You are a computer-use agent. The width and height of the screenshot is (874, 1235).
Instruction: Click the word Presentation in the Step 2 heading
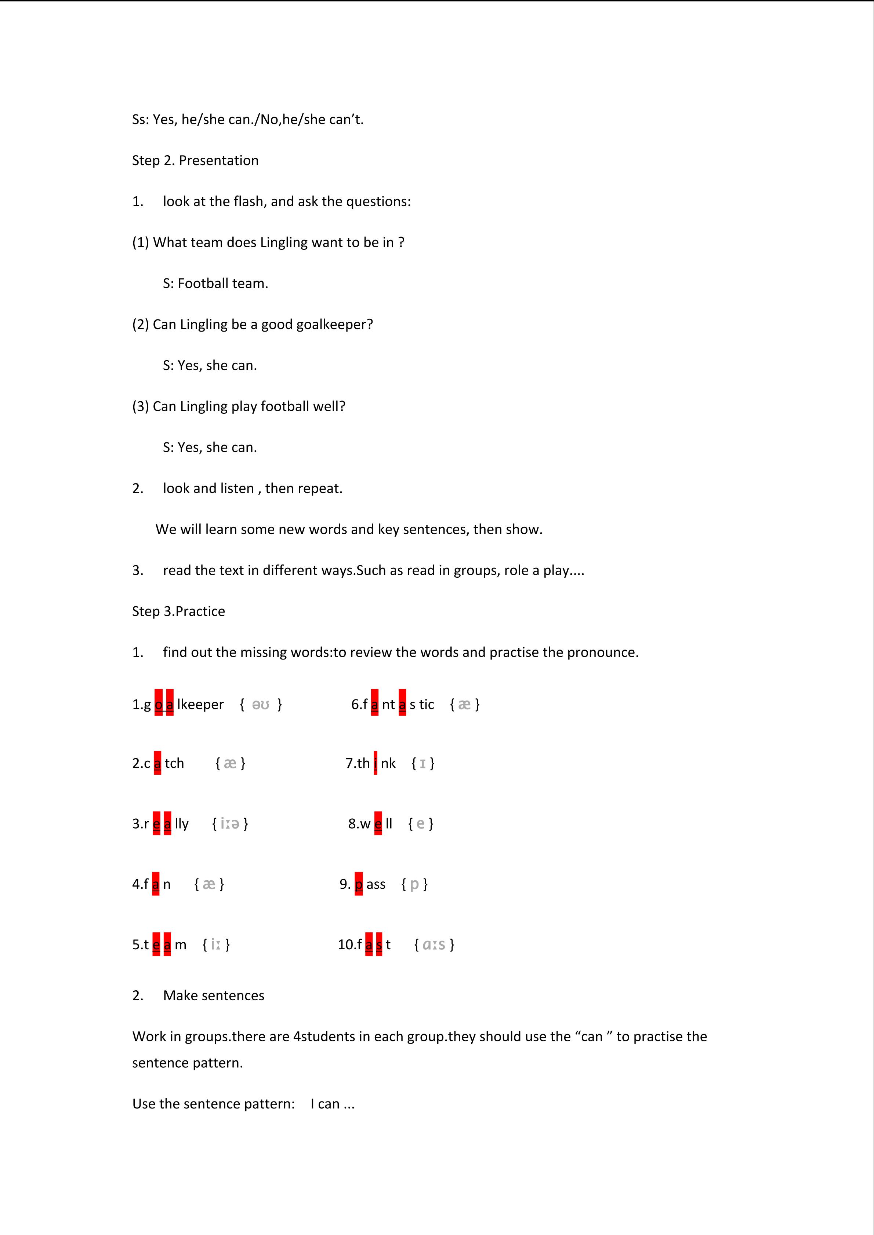pyautogui.click(x=218, y=160)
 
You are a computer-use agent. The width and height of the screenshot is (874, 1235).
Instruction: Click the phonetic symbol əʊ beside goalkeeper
pyautogui.click(x=261, y=704)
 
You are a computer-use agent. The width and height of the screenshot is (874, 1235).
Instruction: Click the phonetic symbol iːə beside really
pyautogui.click(x=230, y=823)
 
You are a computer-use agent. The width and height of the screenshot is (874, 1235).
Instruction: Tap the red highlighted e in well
pyautogui.click(x=378, y=823)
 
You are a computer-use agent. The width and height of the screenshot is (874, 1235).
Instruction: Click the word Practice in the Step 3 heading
pyautogui.click(x=200, y=611)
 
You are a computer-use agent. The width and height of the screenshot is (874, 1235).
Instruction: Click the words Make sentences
pyautogui.click(x=214, y=995)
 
